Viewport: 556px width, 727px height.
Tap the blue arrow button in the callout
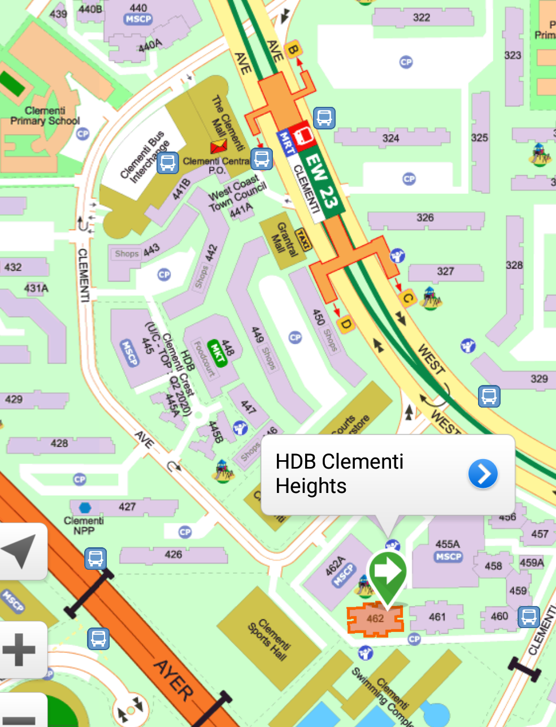[x=483, y=474]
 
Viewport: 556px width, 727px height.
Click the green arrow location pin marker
[x=387, y=572]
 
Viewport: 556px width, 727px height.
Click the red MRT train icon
[x=304, y=134]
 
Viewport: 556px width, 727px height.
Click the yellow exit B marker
[x=292, y=50]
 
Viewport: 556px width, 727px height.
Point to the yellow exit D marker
[x=346, y=324]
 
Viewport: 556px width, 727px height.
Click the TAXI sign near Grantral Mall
[x=303, y=240]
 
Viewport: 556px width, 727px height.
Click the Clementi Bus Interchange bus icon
[x=167, y=163]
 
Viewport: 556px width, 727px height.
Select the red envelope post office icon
[x=218, y=147]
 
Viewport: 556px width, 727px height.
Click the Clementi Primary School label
[x=45, y=116]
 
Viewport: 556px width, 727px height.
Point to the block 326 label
[x=425, y=218]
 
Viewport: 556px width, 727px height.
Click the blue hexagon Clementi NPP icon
[x=85, y=508]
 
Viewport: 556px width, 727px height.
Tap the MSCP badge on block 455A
[x=448, y=557]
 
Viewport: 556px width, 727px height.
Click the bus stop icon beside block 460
[x=528, y=617]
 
